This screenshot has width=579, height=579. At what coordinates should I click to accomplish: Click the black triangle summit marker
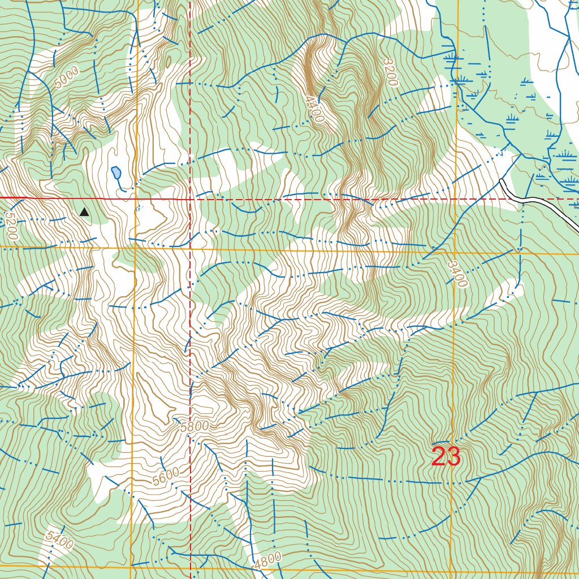[84, 212]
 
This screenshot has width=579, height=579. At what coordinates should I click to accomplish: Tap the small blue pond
[116, 172]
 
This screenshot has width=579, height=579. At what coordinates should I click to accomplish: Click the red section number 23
[446, 457]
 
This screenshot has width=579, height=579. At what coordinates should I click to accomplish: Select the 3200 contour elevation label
[390, 72]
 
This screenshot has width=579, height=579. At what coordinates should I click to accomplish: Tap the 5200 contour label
[11, 226]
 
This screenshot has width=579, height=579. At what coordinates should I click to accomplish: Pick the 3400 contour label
[457, 274]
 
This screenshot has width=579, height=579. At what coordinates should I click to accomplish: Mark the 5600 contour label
[166, 477]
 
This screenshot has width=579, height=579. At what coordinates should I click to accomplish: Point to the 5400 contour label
[60, 541]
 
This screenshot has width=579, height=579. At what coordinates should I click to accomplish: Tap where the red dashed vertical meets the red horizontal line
[191, 199]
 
